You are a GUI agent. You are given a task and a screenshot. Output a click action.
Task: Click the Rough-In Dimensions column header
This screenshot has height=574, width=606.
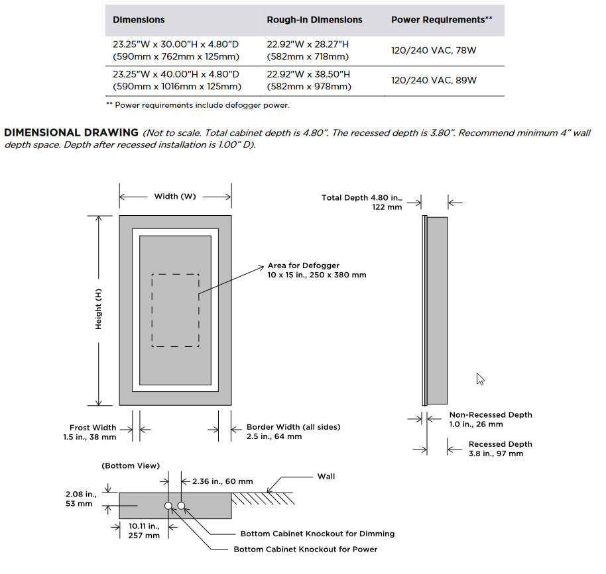pos(314,20)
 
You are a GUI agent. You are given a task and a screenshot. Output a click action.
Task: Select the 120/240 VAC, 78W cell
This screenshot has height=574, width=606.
pos(434,50)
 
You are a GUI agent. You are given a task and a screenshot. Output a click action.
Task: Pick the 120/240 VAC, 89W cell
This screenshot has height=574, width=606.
pos(434,80)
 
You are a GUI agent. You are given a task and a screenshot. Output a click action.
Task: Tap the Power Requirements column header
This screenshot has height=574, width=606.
pos(442,20)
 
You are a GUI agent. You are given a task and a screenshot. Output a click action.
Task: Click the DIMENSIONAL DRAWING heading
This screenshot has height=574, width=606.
pos(72,133)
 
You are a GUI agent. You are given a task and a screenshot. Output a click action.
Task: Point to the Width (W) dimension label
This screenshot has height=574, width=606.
pos(175,196)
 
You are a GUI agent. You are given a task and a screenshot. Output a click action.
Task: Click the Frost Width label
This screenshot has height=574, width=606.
pos(93,428)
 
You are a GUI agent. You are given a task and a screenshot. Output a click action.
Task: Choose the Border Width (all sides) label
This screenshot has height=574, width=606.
pos(293,428)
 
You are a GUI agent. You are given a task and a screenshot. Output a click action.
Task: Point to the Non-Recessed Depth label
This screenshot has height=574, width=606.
pos(490,415)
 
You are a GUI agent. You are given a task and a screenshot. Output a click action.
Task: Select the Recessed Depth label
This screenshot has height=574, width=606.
pos(500,444)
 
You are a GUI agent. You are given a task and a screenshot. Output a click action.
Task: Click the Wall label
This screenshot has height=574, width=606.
pos(326,476)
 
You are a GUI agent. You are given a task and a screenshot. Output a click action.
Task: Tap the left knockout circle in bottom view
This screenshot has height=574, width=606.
pos(168,506)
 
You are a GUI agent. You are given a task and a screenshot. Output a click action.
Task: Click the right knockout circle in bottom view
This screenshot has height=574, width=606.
pos(181,506)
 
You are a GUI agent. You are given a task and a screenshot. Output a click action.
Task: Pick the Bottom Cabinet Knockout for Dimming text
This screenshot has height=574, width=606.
pos(317,534)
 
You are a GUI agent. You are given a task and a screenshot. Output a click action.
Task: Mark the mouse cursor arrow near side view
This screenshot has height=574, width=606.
pos(480,379)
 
